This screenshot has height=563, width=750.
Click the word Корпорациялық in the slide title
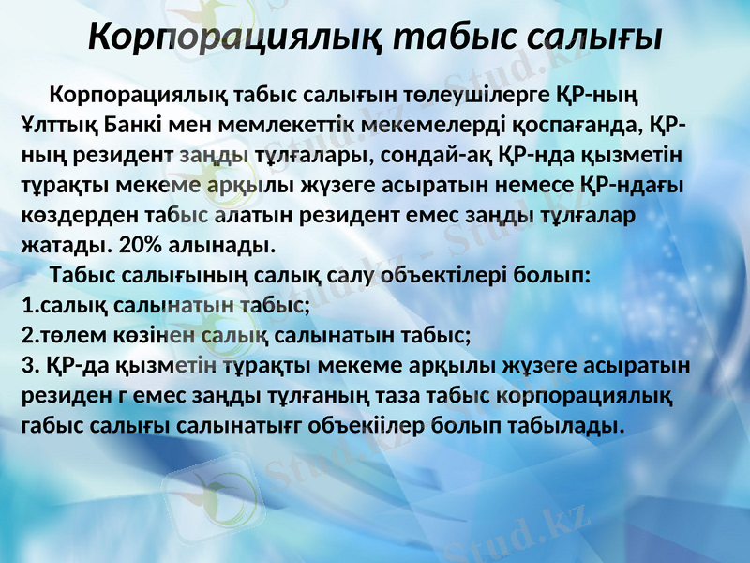(233, 37)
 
